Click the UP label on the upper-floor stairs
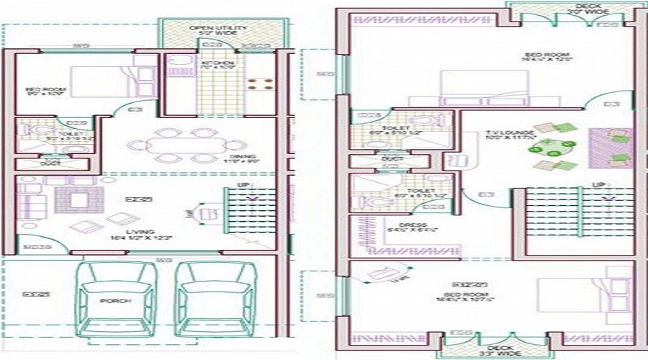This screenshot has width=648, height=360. click(x=597, y=185)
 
